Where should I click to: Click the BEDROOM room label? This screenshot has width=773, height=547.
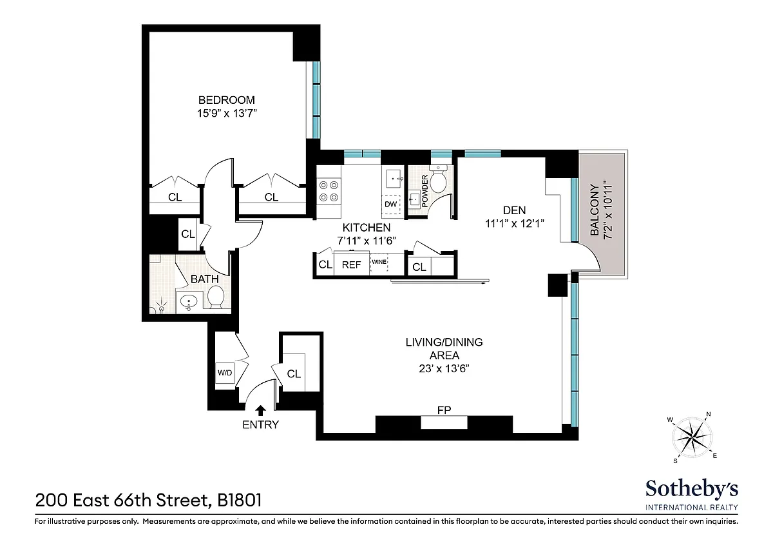tap(226, 100)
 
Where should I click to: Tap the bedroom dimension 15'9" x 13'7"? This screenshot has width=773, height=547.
tap(227, 113)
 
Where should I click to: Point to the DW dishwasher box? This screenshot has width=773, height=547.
tap(390, 204)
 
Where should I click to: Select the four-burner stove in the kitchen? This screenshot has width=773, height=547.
tap(329, 191)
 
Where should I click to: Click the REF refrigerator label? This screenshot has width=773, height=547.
tap(351, 264)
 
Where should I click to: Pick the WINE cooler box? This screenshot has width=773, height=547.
tap(379, 264)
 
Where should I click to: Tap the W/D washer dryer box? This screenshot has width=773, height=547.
tap(225, 372)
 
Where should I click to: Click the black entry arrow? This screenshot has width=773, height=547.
tap(260, 410)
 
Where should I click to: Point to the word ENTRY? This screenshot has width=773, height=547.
tap(260, 424)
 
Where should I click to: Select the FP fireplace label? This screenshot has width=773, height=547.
tap(444, 410)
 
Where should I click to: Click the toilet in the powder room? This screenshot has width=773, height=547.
tap(439, 180)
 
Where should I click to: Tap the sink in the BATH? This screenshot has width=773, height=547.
tap(188, 302)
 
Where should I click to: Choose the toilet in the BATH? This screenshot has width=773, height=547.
tap(216, 298)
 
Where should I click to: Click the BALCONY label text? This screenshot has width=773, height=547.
tap(594, 210)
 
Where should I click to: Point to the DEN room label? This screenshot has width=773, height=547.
tap(514, 210)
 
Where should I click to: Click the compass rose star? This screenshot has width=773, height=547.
tap(692, 437)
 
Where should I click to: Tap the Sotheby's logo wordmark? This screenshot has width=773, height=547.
tap(692, 488)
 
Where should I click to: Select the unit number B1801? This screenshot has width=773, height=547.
tap(239, 500)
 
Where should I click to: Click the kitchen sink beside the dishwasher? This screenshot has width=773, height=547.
tap(394, 179)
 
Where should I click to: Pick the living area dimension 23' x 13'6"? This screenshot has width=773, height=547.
tap(444, 369)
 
